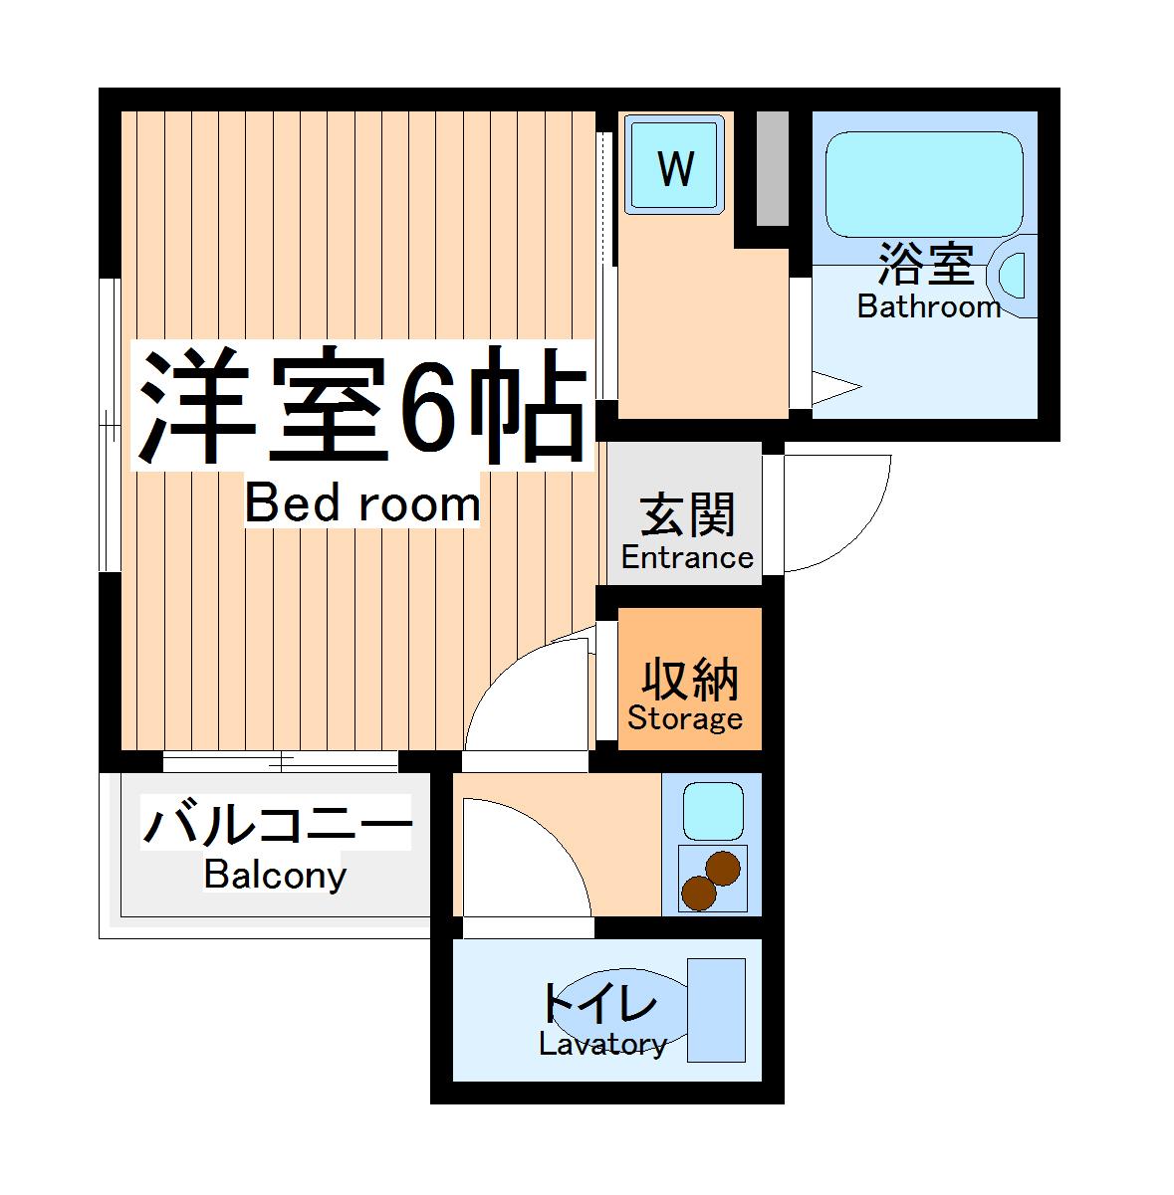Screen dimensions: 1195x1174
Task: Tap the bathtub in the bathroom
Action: point(924,184)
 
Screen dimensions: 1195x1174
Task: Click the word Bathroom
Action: point(928,306)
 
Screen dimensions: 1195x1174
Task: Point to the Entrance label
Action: point(687,557)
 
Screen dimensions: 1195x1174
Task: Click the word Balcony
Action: point(275,876)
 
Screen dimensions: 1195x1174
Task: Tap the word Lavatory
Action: point(602,1044)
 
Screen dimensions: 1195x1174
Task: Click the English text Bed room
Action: point(362,503)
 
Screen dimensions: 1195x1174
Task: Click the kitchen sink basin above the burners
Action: point(712,810)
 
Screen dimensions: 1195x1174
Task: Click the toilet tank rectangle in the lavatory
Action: point(717,1010)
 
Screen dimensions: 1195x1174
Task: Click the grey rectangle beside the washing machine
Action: point(772,167)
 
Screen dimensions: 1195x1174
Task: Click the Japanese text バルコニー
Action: point(277,825)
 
